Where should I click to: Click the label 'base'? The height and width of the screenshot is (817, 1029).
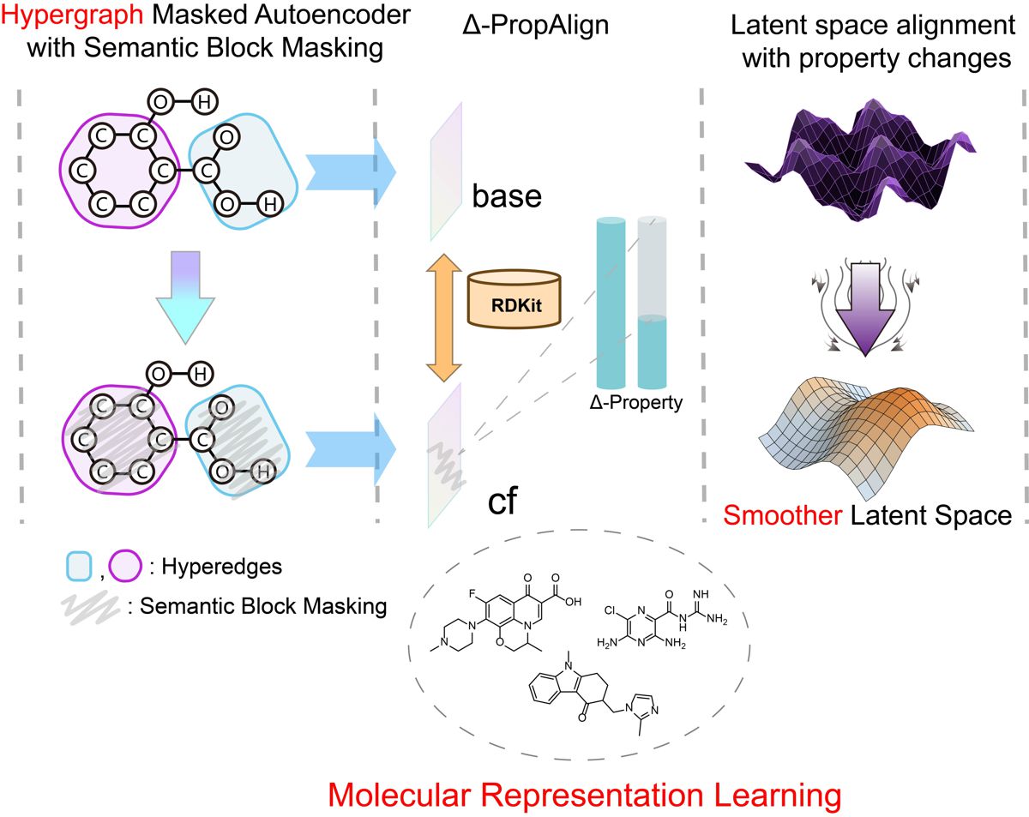point(507,197)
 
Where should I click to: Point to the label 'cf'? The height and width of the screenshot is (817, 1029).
point(502,501)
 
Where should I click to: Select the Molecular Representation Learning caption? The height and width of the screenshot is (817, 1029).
point(586,795)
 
